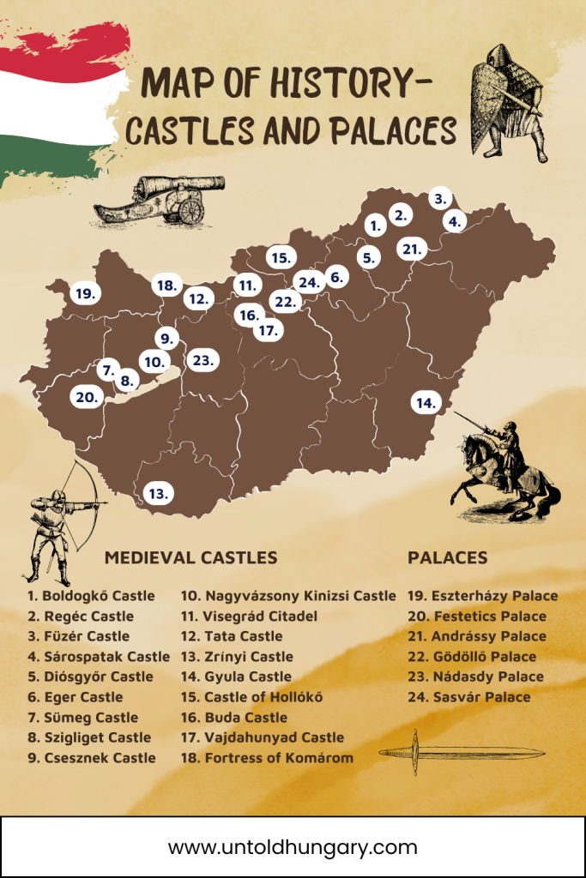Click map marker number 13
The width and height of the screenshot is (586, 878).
157,494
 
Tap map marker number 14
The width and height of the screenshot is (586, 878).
425,402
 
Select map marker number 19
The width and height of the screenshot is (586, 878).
84,293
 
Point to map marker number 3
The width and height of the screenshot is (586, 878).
440,199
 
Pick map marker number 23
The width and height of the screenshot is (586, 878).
203,360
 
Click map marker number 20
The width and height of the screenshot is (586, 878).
86,397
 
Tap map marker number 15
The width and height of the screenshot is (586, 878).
280,257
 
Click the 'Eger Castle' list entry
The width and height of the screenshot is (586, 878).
75,697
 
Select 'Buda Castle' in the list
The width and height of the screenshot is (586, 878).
233,717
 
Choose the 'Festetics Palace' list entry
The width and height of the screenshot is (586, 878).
476,616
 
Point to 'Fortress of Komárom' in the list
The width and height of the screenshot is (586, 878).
266,757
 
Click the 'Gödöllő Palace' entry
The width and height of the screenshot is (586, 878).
472,657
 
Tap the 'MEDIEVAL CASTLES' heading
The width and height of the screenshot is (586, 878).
190,557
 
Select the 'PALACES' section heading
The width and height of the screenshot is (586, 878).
448,557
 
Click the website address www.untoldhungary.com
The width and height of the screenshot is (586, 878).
293,847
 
